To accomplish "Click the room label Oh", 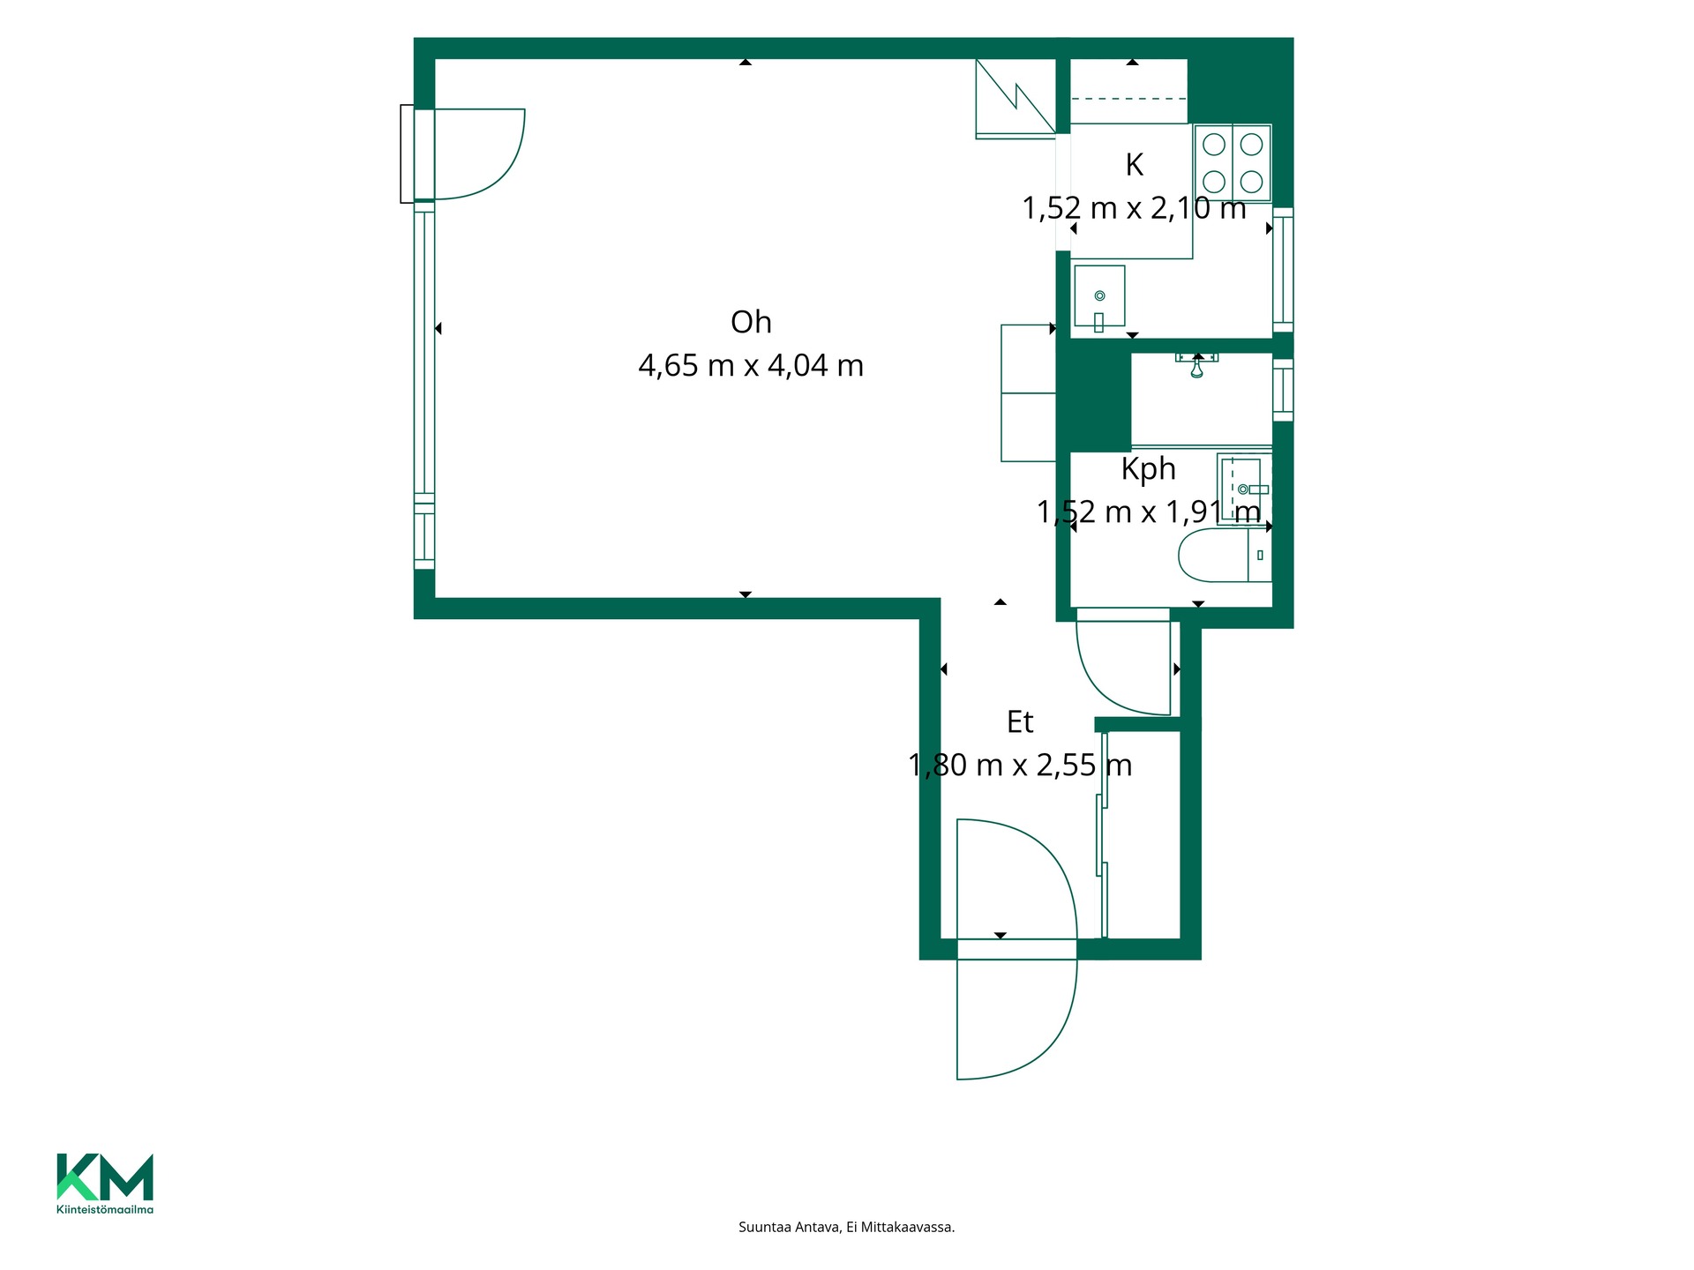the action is point(751,322).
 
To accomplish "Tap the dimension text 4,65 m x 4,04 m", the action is point(751,365).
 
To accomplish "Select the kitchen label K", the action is point(1134,164).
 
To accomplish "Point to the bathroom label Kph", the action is point(1148,468).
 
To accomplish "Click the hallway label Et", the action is point(1020,721).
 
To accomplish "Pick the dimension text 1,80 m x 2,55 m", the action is point(1020,765).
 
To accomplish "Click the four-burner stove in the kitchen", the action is point(1233,162).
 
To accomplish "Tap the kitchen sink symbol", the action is point(1099,296).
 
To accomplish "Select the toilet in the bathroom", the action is point(1225,555).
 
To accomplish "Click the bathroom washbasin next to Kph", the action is point(1244,489).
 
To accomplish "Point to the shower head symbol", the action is point(1196,364).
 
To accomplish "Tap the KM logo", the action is point(105,1177).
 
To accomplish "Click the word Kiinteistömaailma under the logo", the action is point(105,1209).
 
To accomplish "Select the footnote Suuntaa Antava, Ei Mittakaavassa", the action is point(847,1227).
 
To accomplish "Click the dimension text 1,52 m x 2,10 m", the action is point(1134,208).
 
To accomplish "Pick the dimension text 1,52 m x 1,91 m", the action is point(1148,512).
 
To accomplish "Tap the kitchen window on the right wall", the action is point(1284,269).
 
